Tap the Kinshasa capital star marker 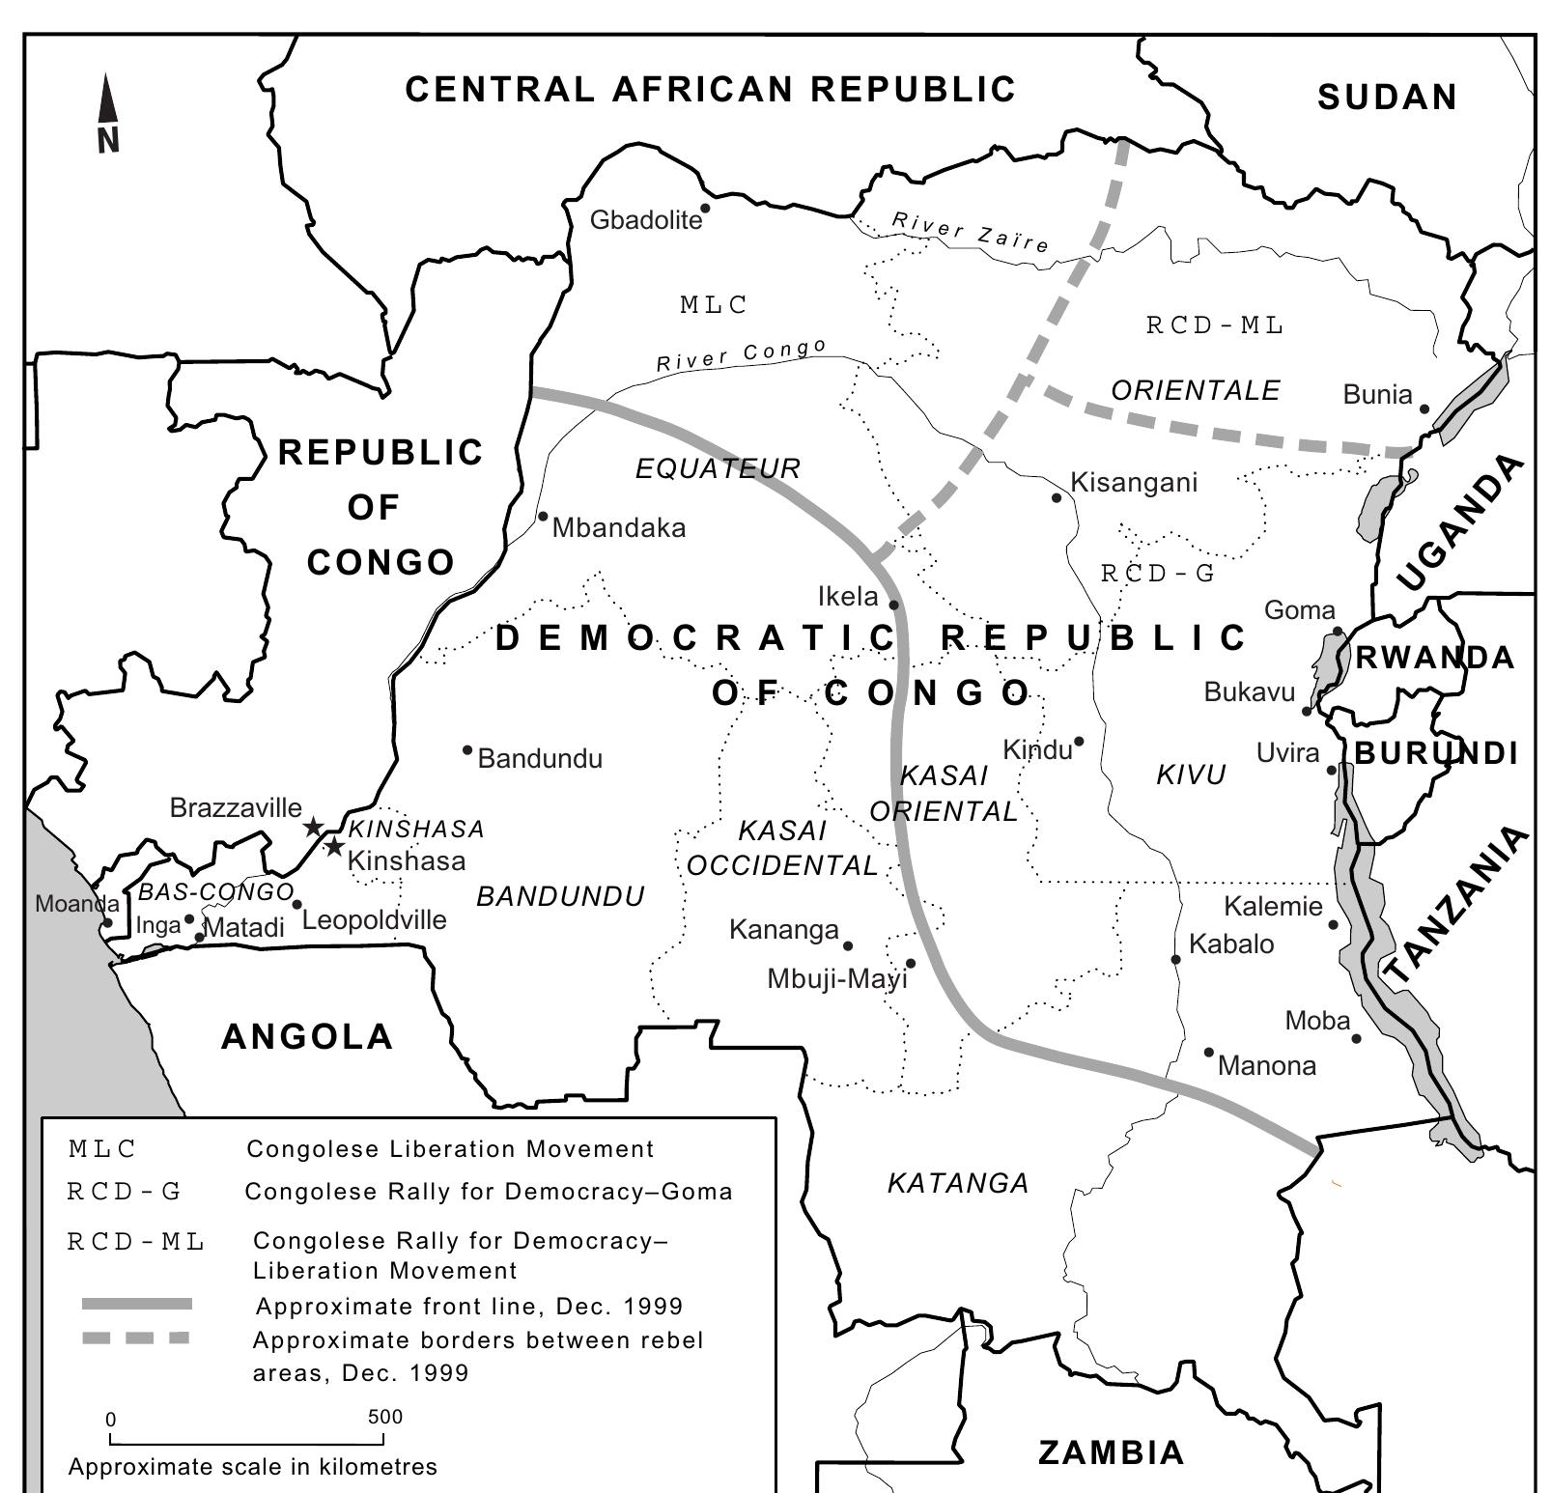tap(334, 847)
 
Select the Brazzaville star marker tap(313, 827)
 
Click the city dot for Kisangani tap(1057, 498)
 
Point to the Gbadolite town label tap(645, 221)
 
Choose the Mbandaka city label tap(619, 528)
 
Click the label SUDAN tap(1387, 98)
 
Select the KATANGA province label tap(958, 1183)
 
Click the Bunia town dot tap(1424, 408)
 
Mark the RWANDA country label tap(1435, 659)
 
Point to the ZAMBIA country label tap(1111, 1452)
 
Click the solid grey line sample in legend tap(137, 1304)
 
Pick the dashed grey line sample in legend tap(136, 1338)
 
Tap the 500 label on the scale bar tap(384, 1417)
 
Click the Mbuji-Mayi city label tap(837, 979)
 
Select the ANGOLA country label tap(307, 1037)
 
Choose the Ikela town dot tap(894, 606)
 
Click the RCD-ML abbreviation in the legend tap(136, 1242)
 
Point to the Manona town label tap(1267, 1066)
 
